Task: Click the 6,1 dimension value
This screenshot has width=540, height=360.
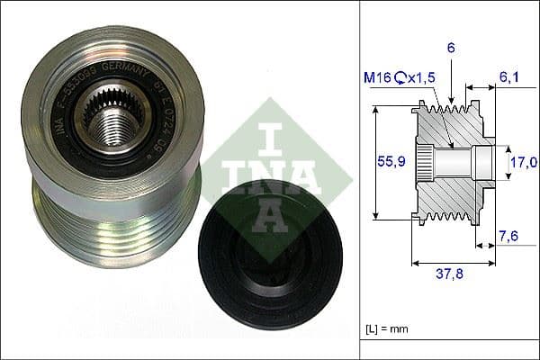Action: [x=510, y=78]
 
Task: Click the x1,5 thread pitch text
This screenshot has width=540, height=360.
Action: [x=419, y=78]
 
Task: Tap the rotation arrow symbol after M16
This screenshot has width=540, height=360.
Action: [x=397, y=78]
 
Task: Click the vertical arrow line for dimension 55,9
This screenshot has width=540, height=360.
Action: [x=374, y=162]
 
